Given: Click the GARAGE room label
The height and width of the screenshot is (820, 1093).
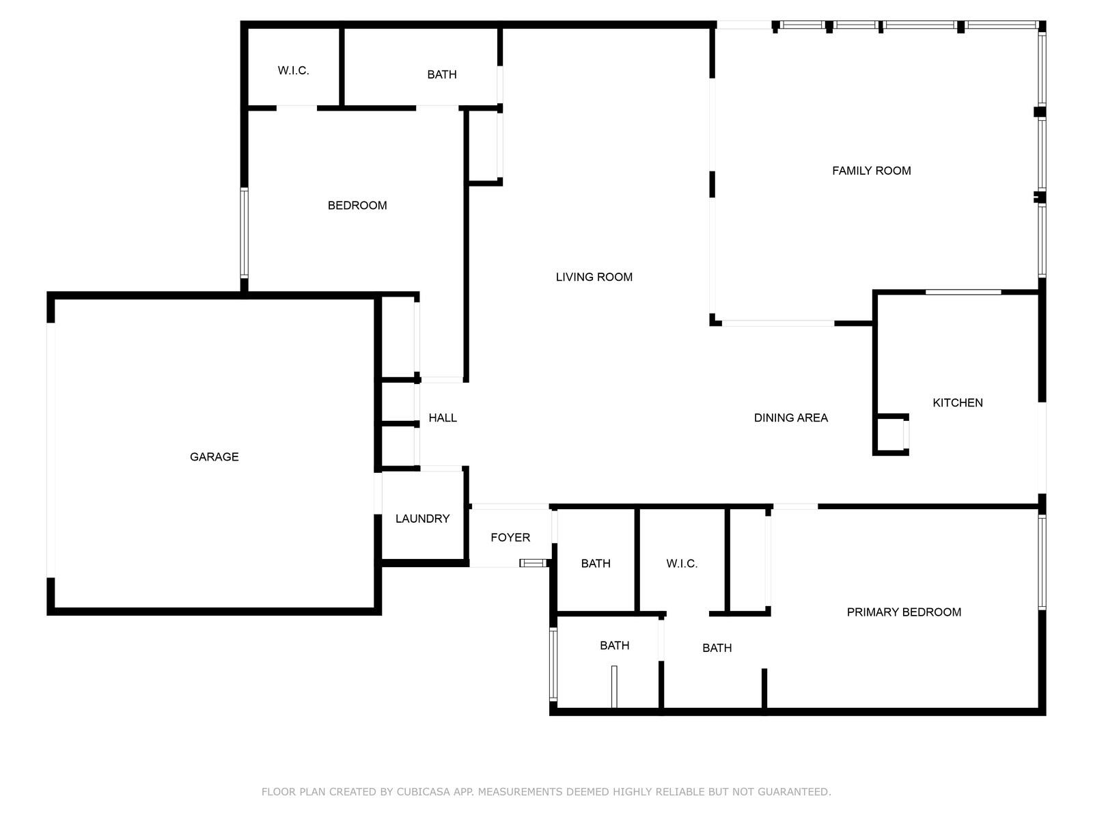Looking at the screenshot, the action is (214, 456).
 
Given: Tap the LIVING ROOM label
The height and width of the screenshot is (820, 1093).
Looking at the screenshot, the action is (594, 277).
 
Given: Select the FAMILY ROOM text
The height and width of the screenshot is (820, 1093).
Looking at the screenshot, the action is (872, 171).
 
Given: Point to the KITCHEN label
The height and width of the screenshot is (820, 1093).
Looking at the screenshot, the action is (958, 402).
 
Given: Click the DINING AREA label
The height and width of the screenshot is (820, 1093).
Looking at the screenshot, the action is (791, 418).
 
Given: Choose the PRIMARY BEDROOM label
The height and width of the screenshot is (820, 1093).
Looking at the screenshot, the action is (904, 612).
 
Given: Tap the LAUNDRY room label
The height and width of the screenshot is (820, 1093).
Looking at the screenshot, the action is (422, 519).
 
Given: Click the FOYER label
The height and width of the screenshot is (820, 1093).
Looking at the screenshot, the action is (510, 537).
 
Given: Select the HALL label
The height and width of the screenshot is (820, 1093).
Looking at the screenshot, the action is (443, 418).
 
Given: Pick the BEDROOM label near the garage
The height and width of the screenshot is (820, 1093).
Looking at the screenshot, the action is (357, 205).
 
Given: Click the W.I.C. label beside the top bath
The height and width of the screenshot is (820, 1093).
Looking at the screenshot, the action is (293, 70).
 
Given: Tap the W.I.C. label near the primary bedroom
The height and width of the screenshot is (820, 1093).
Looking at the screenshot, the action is (682, 564).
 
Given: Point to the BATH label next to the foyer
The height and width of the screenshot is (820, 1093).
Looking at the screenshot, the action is (596, 564).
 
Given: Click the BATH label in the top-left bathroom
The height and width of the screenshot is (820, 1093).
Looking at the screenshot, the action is (442, 74).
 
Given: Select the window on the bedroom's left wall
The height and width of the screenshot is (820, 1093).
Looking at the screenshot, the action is (244, 232).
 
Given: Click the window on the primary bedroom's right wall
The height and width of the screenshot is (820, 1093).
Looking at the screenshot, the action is (1042, 562).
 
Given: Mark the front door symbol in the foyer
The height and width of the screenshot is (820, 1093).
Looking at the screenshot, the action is (533, 563).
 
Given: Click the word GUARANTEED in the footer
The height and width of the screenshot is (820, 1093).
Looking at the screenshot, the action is (794, 791).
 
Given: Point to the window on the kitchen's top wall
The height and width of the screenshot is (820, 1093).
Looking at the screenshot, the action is (963, 292).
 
